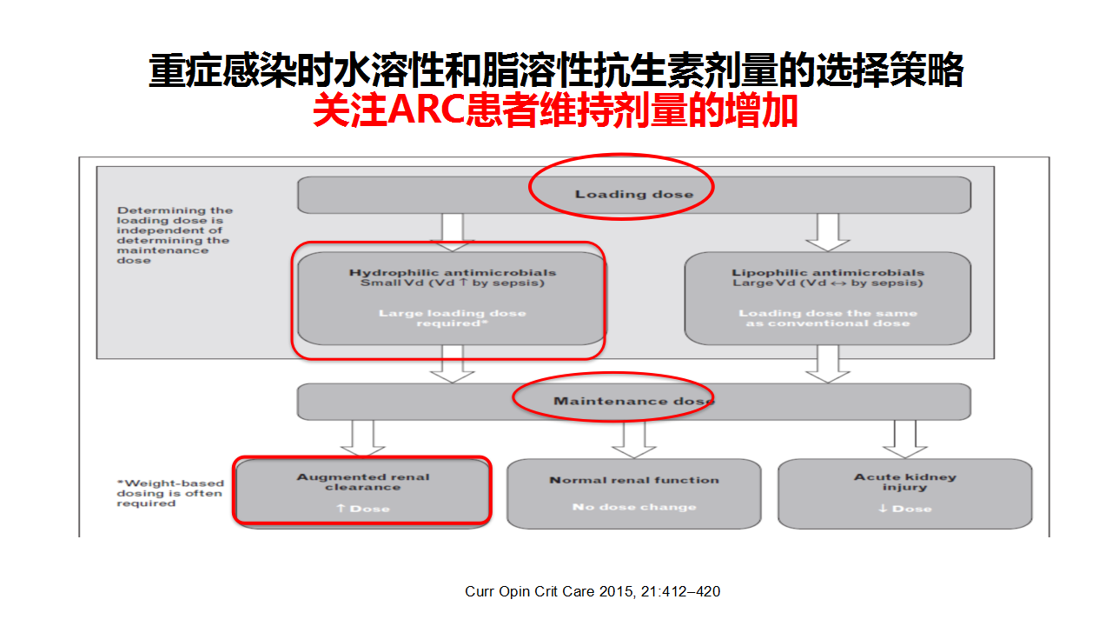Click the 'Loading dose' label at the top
[x=634, y=194]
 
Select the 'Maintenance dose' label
[x=633, y=401]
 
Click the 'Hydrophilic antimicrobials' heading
[x=452, y=272]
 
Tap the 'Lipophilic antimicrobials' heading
[x=827, y=272]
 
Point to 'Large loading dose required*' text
[x=452, y=318]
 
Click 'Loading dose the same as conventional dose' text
[x=827, y=318]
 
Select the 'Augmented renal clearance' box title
[x=363, y=482]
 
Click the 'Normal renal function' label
[x=634, y=480]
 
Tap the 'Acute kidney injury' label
[x=904, y=482]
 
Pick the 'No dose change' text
[x=634, y=507]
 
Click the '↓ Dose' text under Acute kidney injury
[x=904, y=509]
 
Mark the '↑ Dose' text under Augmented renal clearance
[x=363, y=509]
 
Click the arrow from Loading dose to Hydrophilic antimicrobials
[x=452, y=232]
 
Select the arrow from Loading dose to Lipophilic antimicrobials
[x=827, y=232]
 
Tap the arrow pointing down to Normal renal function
[x=634, y=439]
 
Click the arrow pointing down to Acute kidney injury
[x=904, y=439]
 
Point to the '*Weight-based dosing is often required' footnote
[x=170, y=493]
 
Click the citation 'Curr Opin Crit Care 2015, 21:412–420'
[x=592, y=592]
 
